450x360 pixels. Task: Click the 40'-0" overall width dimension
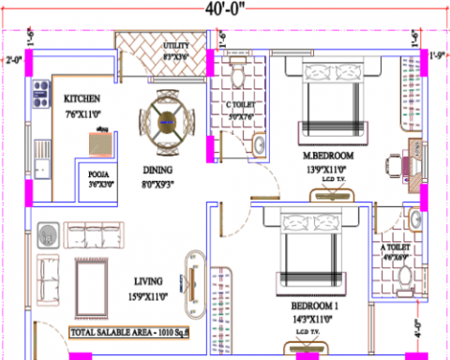coord(224,12)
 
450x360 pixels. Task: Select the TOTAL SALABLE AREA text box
coord(130,332)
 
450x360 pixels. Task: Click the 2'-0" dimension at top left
coord(12,62)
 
